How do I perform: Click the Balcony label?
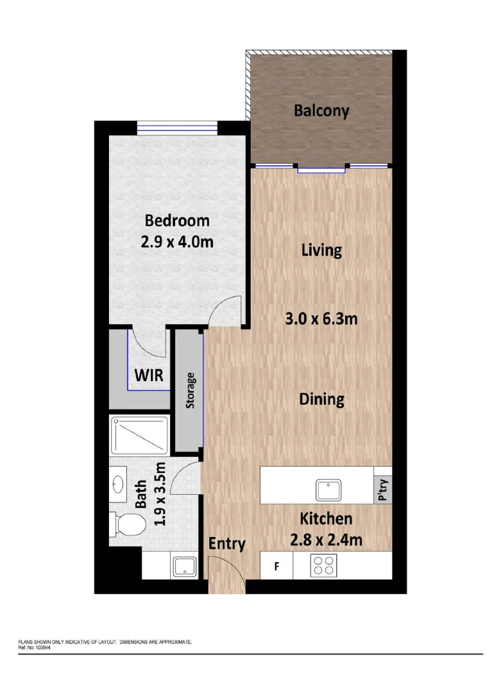click(x=321, y=110)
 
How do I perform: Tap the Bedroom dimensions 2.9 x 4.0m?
click(x=177, y=243)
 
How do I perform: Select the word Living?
click(x=321, y=250)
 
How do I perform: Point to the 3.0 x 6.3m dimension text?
click(x=321, y=318)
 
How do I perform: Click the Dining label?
click(x=322, y=399)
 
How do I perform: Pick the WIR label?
click(x=148, y=375)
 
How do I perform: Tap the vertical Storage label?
click(x=190, y=390)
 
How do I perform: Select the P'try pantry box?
click(x=383, y=491)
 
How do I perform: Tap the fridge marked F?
click(x=276, y=567)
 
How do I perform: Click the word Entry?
click(x=227, y=544)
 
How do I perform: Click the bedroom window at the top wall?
click(x=177, y=128)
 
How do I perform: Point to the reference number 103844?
click(x=40, y=647)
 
